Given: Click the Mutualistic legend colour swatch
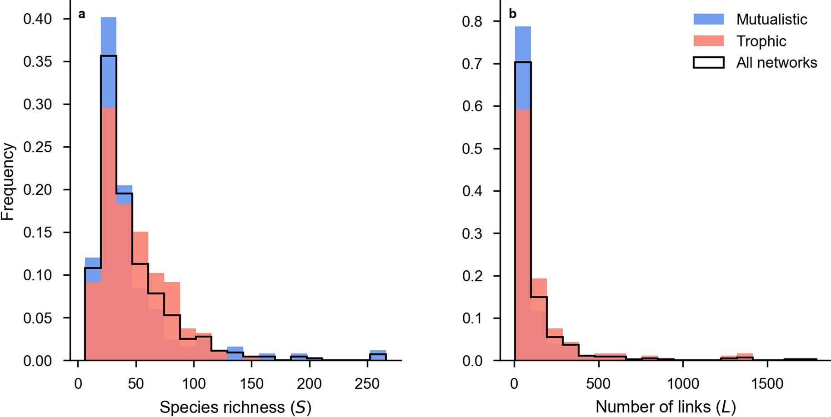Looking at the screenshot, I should (x=708, y=19).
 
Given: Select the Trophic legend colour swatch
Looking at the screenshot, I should (x=708, y=41).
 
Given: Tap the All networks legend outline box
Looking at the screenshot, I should (x=708, y=62).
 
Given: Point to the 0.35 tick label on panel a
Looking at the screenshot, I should (x=37, y=61).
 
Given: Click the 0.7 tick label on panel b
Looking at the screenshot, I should (x=472, y=64).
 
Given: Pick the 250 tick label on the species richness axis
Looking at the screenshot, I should (x=367, y=384).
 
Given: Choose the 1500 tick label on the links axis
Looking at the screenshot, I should (x=767, y=384).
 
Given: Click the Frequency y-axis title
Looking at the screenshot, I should (x=8, y=182).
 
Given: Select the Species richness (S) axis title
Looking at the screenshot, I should (x=235, y=407).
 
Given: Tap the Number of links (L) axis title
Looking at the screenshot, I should (x=666, y=407).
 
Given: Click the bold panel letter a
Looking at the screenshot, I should (x=82, y=14).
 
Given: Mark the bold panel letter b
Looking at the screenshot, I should (x=512, y=14).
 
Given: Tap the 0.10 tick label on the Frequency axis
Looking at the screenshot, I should (x=37, y=275).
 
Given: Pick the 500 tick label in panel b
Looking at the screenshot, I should (x=598, y=384).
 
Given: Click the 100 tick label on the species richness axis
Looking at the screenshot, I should (x=194, y=384).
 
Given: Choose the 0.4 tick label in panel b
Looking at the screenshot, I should (x=472, y=191).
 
